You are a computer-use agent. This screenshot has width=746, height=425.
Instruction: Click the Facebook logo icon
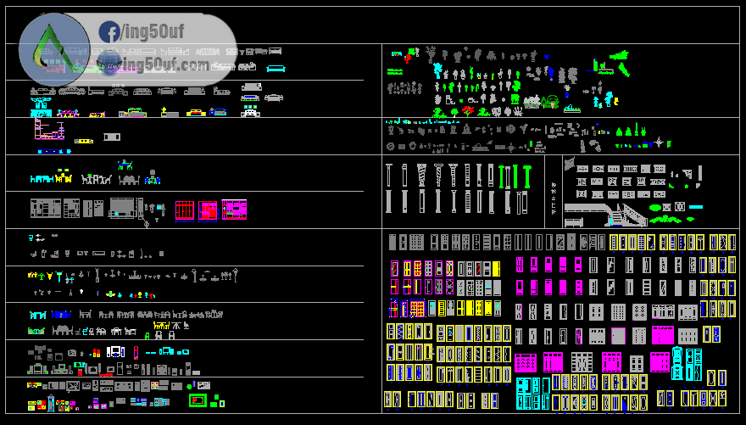[109, 32]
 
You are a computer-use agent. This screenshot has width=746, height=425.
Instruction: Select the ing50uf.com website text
[166, 64]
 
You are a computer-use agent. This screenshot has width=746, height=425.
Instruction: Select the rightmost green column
[527, 176]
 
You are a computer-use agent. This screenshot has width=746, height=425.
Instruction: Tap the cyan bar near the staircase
[696, 207]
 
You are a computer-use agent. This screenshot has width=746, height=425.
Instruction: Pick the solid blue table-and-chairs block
[61, 314]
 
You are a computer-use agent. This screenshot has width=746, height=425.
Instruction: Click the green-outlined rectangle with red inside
[198, 400]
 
